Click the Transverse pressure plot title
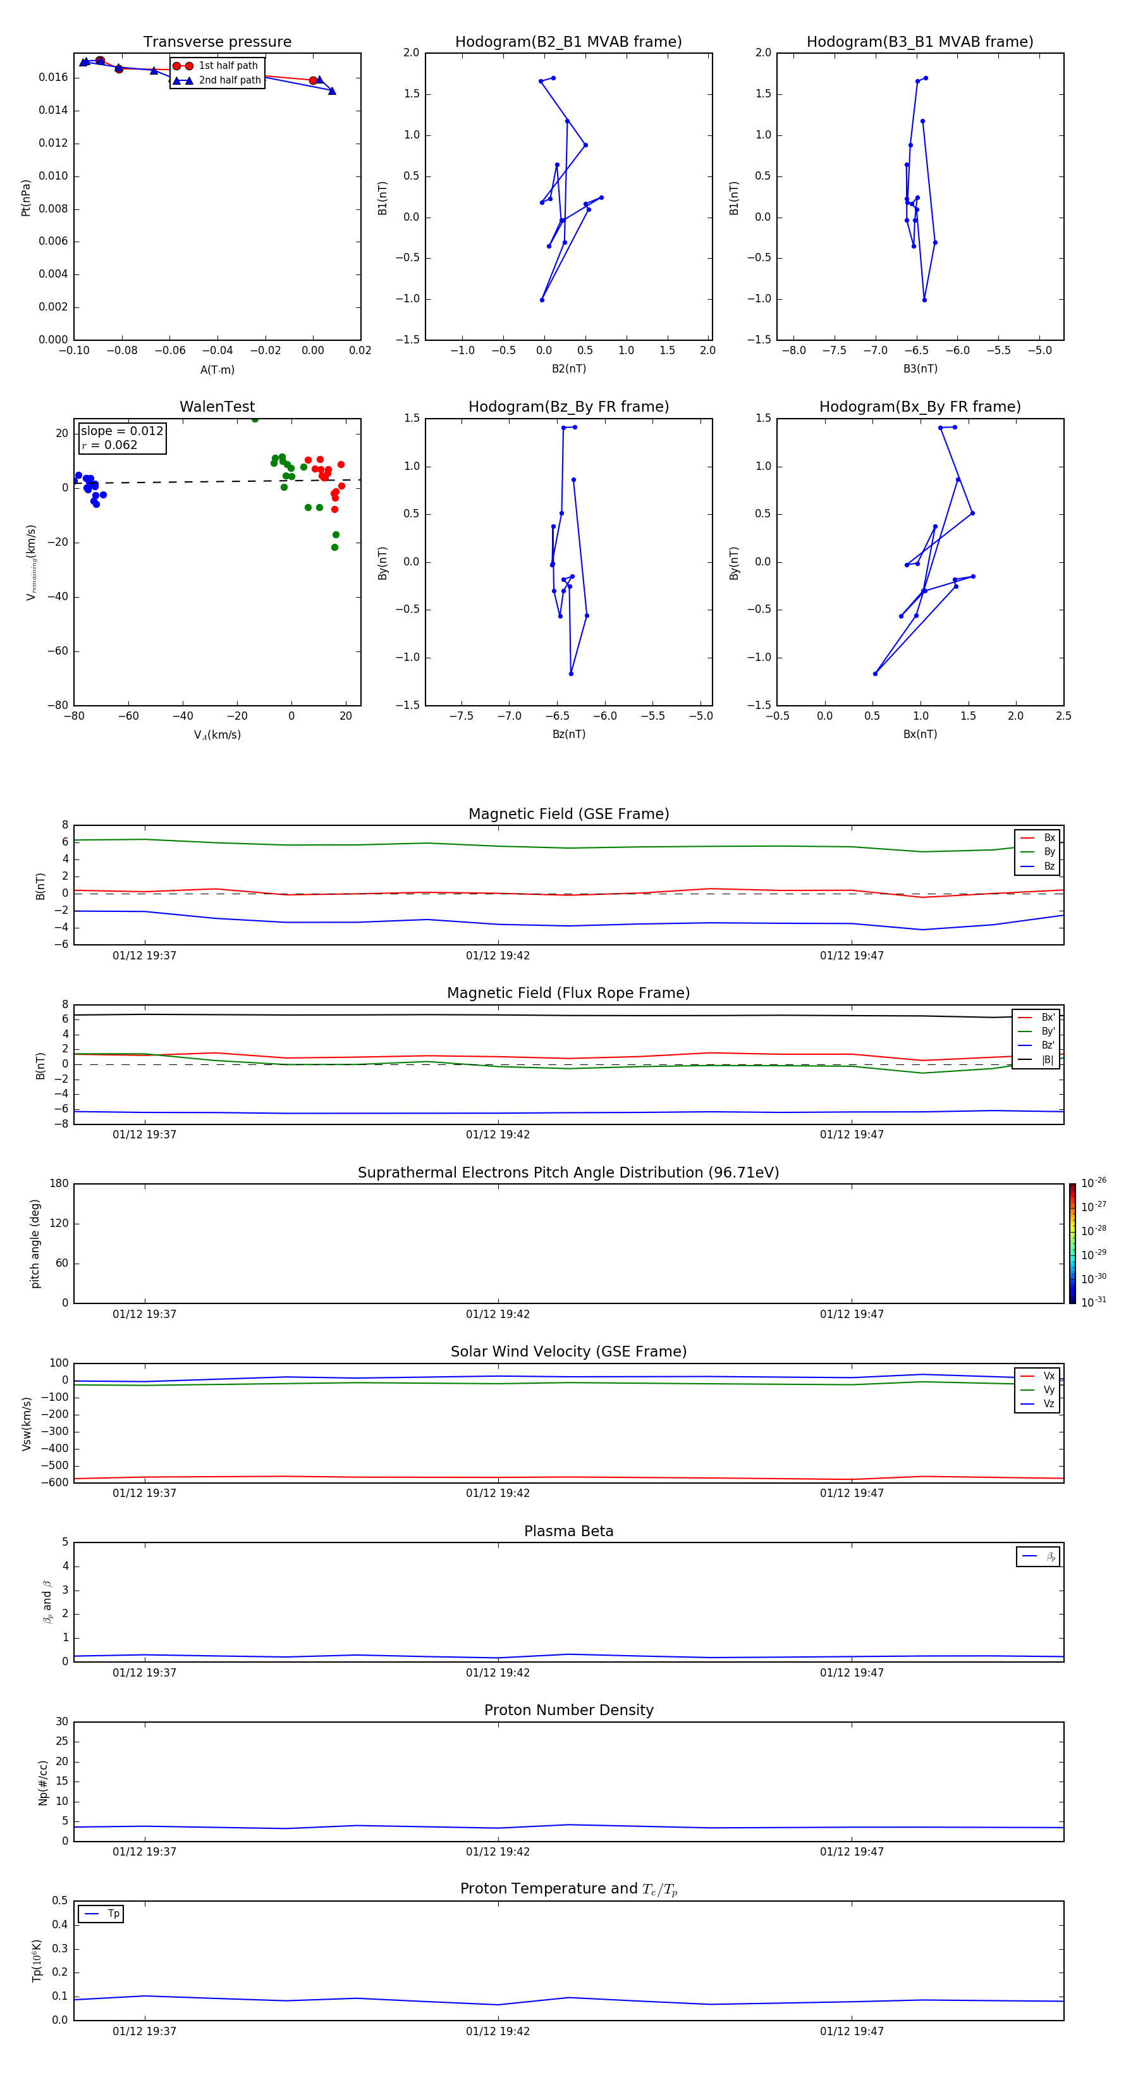pyautogui.click(x=217, y=42)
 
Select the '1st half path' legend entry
pyautogui.click(x=228, y=66)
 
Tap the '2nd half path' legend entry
pyautogui.click(x=229, y=80)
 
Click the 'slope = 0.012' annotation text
pyautogui.click(x=121, y=431)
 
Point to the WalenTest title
pyautogui.click(x=217, y=407)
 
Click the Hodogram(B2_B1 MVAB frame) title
pyautogui.click(x=568, y=42)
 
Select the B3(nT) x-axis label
pyautogui.click(x=920, y=369)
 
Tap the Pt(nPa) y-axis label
pyautogui.click(x=25, y=198)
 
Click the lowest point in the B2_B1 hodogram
pyautogui.click(x=542, y=300)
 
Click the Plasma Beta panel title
pyautogui.click(x=568, y=1531)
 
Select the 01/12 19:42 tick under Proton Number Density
pyautogui.click(x=498, y=1851)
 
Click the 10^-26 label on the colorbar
pyautogui.click(x=1094, y=1183)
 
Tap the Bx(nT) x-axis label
pyautogui.click(x=920, y=734)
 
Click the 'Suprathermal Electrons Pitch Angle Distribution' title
pyautogui.click(x=568, y=1173)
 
